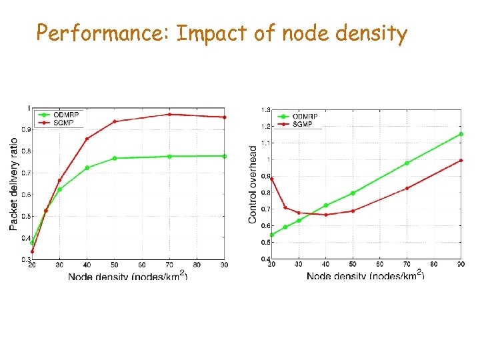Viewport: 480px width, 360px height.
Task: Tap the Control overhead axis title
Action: [253, 184]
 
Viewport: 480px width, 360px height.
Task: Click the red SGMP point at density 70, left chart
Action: [169, 115]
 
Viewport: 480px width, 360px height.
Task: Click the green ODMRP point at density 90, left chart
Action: [225, 156]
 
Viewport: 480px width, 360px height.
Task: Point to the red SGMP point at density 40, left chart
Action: [87, 139]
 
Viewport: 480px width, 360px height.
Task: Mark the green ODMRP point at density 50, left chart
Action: [115, 158]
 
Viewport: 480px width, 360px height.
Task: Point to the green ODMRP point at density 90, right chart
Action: [461, 134]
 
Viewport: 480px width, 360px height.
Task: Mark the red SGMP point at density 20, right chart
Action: [271, 179]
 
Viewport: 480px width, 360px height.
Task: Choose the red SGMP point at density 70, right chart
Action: [407, 188]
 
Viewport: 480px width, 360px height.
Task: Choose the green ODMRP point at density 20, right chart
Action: [271, 235]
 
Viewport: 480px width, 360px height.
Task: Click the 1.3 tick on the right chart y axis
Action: [265, 110]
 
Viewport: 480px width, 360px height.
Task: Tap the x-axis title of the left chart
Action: [127, 275]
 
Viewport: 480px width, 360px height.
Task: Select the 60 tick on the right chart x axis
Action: [380, 265]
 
